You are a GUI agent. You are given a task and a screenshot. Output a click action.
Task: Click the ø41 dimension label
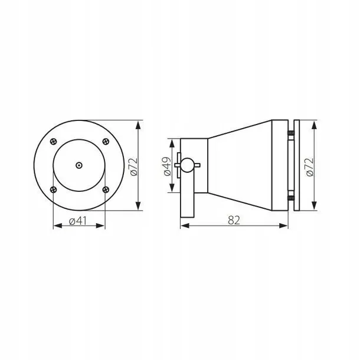[78, 221]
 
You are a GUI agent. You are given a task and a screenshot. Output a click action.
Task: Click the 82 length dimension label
[234, 220]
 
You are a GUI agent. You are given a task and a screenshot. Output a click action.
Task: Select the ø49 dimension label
[168, 166]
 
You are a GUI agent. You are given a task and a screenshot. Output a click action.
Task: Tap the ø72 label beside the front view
[133, 166]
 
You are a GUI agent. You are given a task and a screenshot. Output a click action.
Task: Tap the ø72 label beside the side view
[310, 167]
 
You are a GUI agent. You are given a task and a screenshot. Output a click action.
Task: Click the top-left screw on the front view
[54, 142]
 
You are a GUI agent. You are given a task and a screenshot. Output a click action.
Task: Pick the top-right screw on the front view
[106, 142]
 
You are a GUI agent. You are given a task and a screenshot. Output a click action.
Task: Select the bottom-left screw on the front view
[54, 189]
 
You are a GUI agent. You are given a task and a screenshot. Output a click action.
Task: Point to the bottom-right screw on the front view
[106, 189]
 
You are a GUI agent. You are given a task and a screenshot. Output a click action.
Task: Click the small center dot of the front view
[79, 165]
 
